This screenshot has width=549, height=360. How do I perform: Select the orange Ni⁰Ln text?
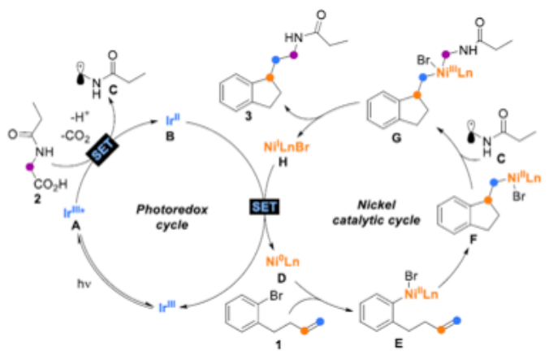(283, 262)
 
